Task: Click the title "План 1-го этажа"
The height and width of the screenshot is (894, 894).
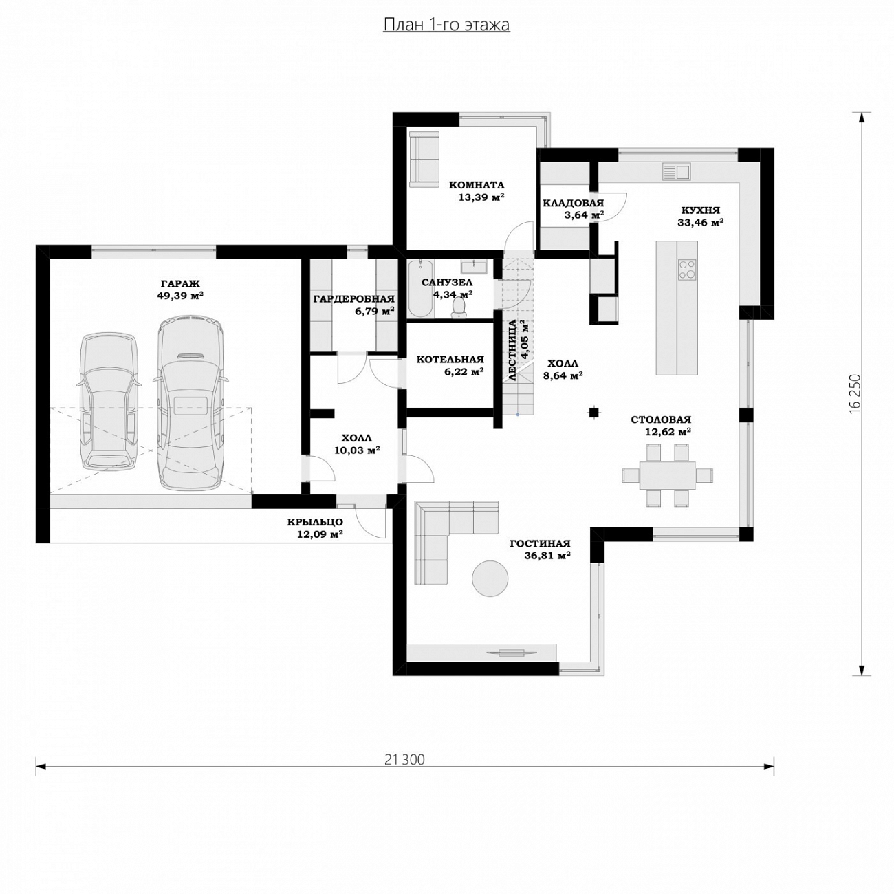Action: point(446,25)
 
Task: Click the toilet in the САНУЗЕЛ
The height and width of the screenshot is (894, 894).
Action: point(459,308)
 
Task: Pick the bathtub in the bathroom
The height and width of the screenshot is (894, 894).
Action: point(420,289)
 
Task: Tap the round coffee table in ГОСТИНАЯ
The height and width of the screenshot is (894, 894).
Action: point(490,578)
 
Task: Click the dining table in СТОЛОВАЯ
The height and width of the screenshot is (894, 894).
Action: point(667,475)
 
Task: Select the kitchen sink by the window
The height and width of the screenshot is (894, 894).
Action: point(677,171)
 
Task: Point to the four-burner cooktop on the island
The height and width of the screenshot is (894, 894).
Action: point(687,269)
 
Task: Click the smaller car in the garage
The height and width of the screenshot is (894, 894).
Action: point(109,402)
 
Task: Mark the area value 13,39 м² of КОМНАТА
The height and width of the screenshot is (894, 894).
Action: point(481,197)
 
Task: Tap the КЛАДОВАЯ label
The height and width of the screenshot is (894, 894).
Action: point(574,203)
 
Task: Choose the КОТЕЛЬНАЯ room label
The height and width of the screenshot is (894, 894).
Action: point(450,360)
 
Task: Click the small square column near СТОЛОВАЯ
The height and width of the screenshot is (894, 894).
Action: point(593,411)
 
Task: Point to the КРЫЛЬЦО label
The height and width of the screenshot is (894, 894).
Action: point(315,522)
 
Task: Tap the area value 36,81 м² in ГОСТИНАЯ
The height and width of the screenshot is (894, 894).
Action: point(547,556)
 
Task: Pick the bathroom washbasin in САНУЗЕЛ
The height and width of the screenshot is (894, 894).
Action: point(473,266)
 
